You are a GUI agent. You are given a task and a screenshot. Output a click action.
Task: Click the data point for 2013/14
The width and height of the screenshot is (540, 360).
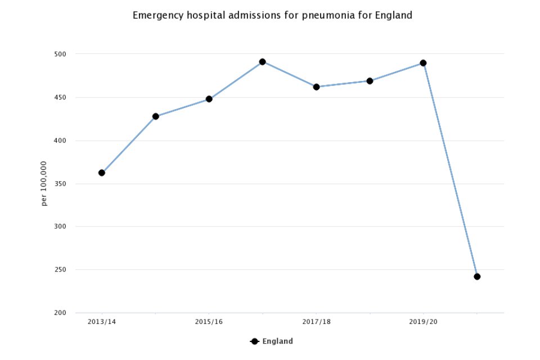coord(102,173)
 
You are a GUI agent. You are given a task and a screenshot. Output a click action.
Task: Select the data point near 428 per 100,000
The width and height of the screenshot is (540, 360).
coord(156,116)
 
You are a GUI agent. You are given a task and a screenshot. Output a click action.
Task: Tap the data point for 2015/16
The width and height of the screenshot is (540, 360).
coord(209,99)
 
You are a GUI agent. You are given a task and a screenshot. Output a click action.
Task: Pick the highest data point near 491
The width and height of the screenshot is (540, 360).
coord(262,61)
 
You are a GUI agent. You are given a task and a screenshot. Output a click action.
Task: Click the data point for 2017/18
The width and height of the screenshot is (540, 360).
coord(316,87)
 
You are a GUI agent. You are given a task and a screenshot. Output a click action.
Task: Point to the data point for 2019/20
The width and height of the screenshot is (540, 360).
coord(423,63)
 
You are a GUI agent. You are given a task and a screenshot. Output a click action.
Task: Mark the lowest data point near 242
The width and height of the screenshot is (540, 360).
coord(477,276)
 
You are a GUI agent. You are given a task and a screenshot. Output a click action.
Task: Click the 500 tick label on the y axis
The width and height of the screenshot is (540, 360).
coord(60,55)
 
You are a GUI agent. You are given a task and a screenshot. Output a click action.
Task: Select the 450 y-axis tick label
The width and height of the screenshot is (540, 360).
coord(60,97)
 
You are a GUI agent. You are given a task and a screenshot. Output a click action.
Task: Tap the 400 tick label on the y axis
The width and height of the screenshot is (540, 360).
coord(60,141)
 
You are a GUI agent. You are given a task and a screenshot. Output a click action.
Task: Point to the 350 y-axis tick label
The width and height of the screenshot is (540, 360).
coord(60,184)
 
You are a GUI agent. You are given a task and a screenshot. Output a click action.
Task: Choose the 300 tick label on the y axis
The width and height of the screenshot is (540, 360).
coord(60,227)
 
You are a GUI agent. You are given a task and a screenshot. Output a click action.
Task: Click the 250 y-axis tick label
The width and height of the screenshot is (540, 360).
coord(60,270)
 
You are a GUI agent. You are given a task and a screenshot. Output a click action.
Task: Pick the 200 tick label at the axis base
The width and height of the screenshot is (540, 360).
coord(60,313)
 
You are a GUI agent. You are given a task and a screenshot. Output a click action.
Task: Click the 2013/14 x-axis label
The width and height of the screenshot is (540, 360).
coord(102,322)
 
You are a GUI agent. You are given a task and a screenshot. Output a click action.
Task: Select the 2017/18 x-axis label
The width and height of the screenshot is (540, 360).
coord(316,322)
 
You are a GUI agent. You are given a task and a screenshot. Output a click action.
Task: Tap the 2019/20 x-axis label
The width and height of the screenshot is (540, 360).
coord(423,322)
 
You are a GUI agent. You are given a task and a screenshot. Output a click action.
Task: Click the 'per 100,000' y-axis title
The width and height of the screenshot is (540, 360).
coord(44,183)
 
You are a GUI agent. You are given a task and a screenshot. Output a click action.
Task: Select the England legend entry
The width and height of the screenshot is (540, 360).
coord(272,341)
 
